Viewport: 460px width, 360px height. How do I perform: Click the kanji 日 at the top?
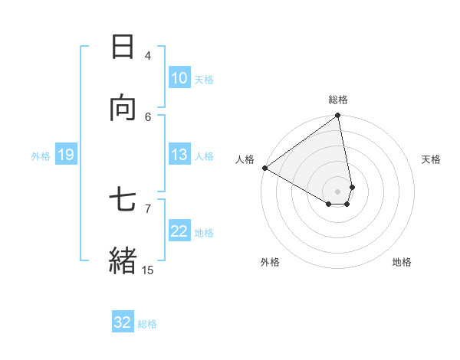coord(123,47)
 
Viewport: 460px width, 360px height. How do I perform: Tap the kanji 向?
coord(123,108)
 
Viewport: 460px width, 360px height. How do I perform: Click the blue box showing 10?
coord(179,78)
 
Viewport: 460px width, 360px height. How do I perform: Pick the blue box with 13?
coord(179,155)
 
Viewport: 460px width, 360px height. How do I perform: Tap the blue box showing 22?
coord(179,231)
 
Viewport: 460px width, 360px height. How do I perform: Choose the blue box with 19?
coord(65,155)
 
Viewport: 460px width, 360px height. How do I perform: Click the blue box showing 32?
coord(123,322)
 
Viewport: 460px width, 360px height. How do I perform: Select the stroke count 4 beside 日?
coord(148,56)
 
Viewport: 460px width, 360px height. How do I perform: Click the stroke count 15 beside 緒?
coord(147,270)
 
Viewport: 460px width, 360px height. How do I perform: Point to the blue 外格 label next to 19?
coord(41,156)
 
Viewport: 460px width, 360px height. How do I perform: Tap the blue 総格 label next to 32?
coord(147,324)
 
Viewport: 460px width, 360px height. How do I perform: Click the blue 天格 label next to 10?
coord(204,80)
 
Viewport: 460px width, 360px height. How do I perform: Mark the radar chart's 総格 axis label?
coord(338,100)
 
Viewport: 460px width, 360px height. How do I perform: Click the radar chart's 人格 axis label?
coord(245,159)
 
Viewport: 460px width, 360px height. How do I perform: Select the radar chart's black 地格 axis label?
coord(402,263)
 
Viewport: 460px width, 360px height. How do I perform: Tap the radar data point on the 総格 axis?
coord(338,116)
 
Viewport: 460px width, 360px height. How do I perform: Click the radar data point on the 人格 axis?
coord(264,168)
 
